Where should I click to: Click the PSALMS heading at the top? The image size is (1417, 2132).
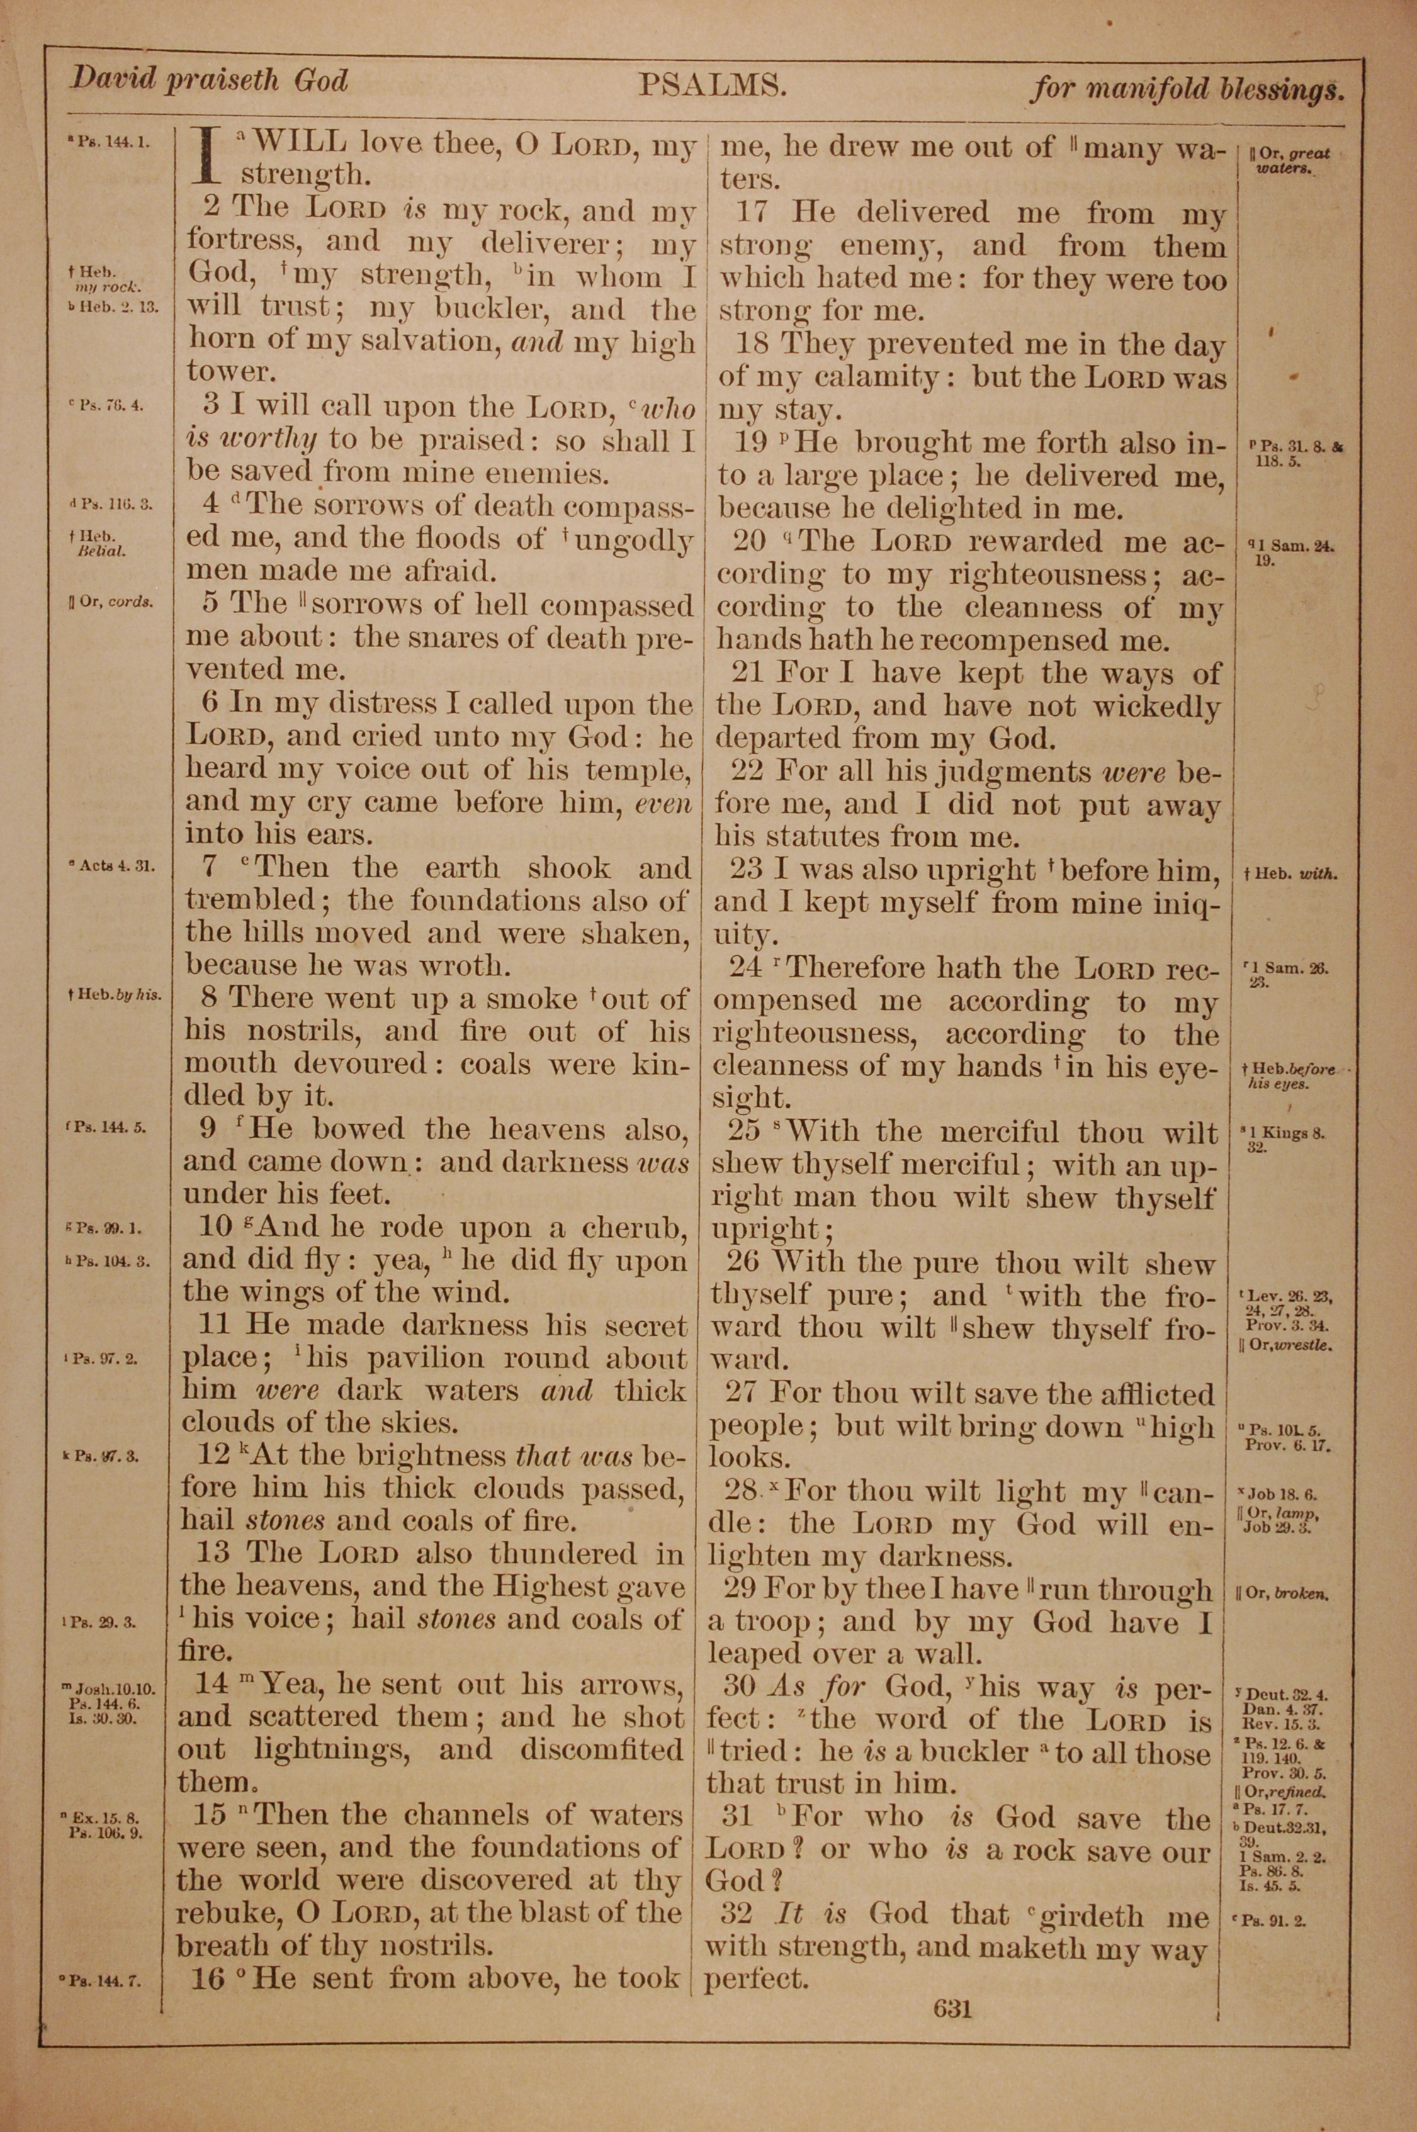[x=713, y=85]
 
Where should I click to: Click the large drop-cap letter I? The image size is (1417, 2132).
[x=209, y=160]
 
